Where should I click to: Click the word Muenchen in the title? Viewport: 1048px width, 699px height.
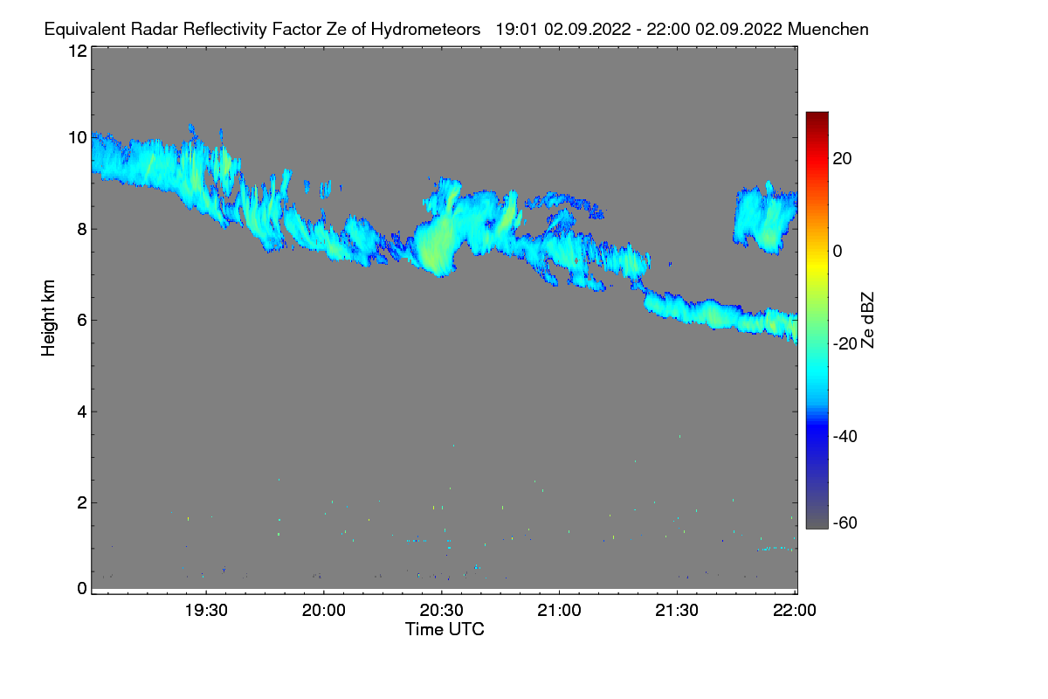(828, 29)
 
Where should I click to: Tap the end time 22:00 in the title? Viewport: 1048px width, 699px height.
(669, 29)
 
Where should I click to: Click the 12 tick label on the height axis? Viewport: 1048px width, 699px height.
(77, 51)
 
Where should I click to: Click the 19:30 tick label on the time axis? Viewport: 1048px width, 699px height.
(207, 611)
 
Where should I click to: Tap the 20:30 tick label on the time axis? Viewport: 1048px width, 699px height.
(442, 611)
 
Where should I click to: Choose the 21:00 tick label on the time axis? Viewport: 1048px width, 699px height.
(560, 611)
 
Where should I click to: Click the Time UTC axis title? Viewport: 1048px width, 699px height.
(445, 629)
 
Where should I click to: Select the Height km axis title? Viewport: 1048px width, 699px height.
(49, 317)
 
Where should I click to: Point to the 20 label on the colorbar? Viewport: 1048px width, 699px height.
(843, 158)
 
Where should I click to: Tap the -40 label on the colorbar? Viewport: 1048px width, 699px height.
(845, 435)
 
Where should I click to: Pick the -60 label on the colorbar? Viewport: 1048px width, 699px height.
(845, 523)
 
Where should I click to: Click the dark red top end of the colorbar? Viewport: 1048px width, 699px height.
(817, 116)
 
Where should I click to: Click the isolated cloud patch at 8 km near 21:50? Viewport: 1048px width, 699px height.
(765, 218)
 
